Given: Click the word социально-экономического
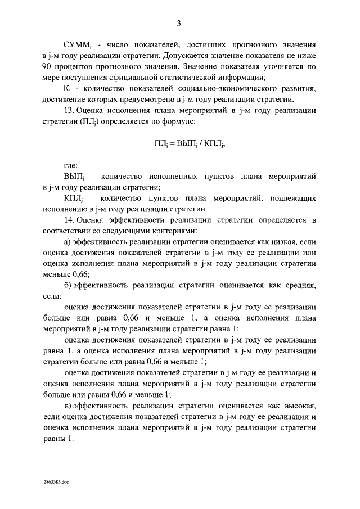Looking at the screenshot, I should (x=226, y=89).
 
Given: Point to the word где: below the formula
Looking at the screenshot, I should (x=71, y=166).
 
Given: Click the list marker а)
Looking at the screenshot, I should (x=67, y=242).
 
